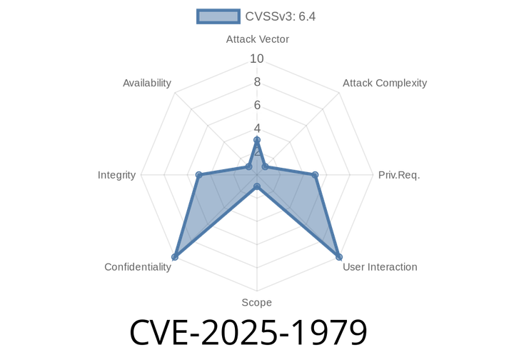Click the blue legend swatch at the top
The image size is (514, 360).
coord(218,16)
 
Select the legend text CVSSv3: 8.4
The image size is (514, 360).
coord(281,16)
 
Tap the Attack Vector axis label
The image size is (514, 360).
coord(257,39)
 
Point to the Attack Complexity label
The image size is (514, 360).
coord(384,83)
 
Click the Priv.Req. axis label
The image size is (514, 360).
coord(398,175)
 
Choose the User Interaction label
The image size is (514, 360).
coord(380,266)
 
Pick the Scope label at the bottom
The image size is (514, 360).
coord(256,302)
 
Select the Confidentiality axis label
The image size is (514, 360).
coord(138,266)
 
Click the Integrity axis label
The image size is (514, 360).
coord(117,175)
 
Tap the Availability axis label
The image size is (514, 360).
coord(147,83)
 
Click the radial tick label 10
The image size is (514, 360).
coord(257,59)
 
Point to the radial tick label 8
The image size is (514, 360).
coord(257,81)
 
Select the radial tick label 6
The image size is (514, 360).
coord(257,105)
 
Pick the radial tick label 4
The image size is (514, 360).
coord(257,128)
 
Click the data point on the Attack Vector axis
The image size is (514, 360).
coord(257,140)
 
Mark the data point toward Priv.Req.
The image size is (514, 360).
coord(316,174)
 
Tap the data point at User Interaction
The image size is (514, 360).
coord(340,258)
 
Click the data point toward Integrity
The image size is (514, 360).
coord(198,174)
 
